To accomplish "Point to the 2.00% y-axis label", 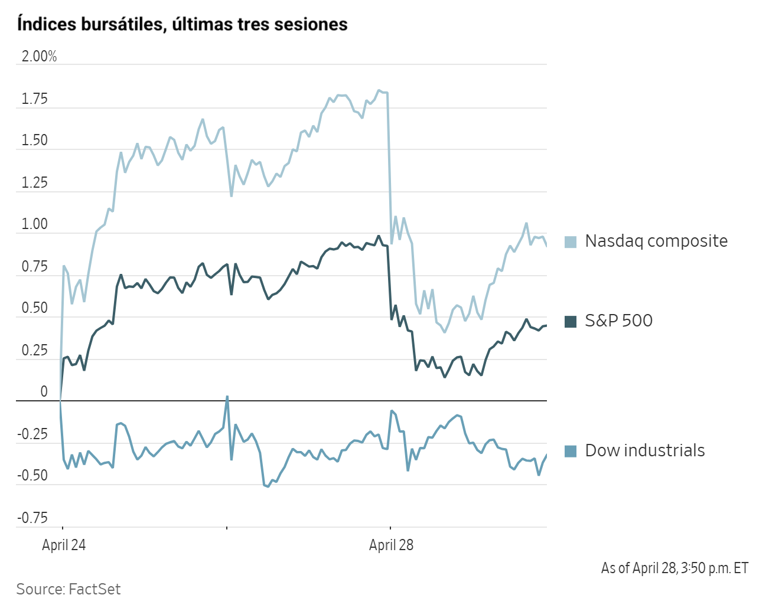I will point(39,57).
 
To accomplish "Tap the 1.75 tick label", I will point(34,99).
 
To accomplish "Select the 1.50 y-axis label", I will point(34,140).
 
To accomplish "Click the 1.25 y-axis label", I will point(34,183).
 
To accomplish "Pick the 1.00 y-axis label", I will point(34,224).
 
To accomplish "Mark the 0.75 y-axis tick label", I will point(34,267).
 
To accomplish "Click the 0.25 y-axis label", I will point(34,351).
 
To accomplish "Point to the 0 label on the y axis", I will point(44,392).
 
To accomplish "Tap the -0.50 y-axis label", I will point(32,476).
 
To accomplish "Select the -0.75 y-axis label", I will point(32,518).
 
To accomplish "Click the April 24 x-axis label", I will point(64,545).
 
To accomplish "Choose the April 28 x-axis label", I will point(391,545).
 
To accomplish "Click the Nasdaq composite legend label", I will point(656,241).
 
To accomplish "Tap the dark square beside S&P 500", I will point(571,321).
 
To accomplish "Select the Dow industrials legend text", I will point(644,450).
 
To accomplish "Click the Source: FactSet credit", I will point(69,589).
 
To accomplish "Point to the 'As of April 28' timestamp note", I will point(674,568).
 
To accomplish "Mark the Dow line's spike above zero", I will point(227,397).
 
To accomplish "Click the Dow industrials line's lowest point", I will point(268,486).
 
